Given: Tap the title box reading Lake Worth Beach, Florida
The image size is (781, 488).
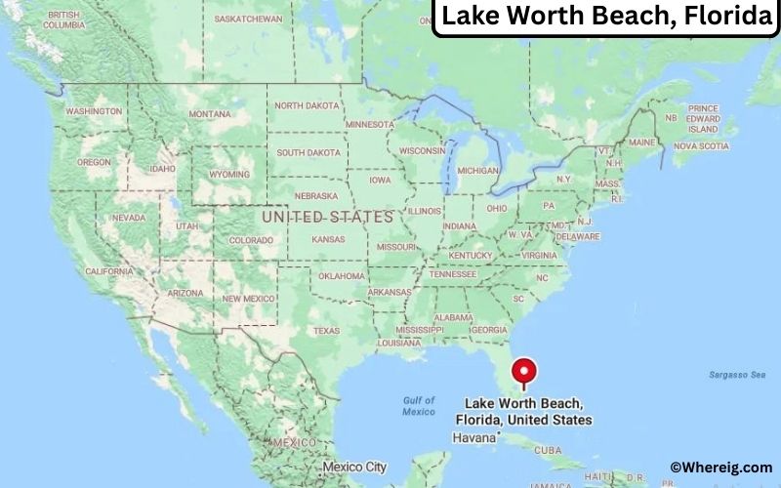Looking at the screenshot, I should [605, 17].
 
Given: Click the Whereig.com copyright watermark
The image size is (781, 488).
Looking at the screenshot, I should [720, 468].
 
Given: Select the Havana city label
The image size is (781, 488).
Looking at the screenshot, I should [475, 438].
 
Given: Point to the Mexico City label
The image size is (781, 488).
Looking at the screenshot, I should [355, 467].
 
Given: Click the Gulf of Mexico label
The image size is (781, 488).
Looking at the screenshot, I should [420, 406].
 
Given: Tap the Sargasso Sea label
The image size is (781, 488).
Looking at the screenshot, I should [736, 375].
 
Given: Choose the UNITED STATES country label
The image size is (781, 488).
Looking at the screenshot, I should [328, 217].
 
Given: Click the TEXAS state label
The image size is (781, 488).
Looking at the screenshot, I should [326, 331].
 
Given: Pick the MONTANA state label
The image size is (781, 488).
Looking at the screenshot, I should [210, 114].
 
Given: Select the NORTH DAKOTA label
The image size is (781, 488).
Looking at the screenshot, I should [307, 105].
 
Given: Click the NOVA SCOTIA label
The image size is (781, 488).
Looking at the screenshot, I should [701, 146].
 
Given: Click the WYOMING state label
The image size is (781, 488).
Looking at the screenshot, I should [229, 174].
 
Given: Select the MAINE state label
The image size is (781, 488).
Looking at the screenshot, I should [642, 142].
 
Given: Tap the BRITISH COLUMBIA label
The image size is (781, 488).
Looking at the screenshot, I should [62, 20].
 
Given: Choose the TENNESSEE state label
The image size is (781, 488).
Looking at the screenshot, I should [454, 273].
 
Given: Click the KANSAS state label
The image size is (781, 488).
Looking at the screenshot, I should [328, 239].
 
